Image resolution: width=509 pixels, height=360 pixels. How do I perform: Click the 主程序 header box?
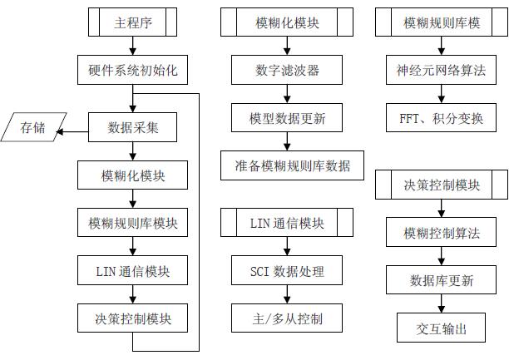pos(133,23)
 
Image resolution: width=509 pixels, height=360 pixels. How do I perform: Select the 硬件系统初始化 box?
pos(133,72)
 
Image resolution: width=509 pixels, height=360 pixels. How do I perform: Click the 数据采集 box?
pos(133,128)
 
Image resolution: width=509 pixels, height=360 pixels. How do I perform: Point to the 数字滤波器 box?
pos(288,72)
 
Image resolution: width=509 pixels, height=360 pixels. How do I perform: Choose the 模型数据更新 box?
pos(288,118)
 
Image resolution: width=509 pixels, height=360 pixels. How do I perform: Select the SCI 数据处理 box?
pos(288,270)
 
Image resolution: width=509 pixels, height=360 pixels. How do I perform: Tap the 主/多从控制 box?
pos(288,318)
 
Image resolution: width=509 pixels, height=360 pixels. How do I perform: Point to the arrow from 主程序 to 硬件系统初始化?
pos(133,47)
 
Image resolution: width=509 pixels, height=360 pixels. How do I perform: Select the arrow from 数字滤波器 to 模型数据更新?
pos(288,95)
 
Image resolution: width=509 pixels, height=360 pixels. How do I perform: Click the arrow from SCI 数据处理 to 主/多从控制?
pos(288,293)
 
